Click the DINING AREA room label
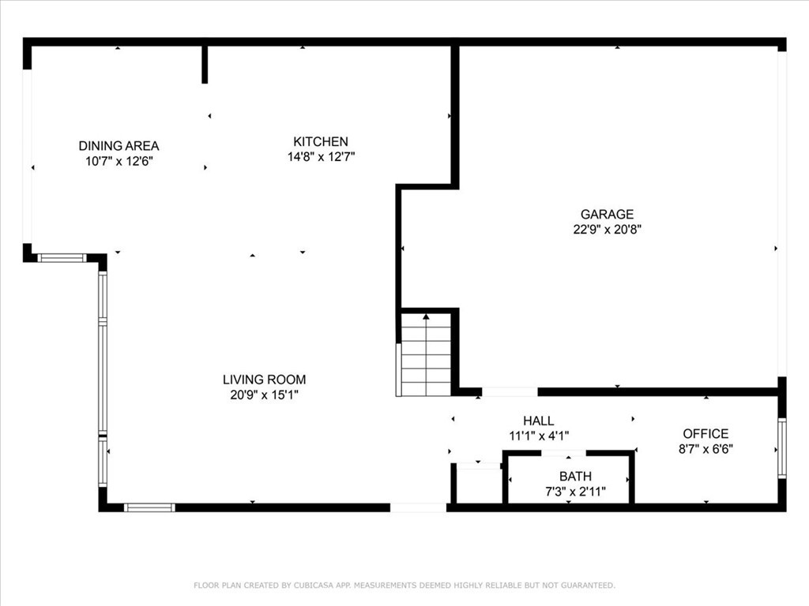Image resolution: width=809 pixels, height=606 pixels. click(119, 146)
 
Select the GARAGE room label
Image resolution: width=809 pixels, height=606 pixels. click(607, 215)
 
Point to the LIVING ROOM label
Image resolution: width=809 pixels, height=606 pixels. click(264, 380)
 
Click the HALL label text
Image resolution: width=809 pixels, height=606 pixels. click(539, 421)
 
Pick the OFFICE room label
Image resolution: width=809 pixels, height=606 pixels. click(706, 434)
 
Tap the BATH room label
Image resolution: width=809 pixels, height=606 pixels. click(575, 477)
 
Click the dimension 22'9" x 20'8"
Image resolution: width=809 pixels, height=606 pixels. click(607, 230)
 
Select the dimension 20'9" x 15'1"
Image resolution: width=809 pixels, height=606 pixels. click(264, 395)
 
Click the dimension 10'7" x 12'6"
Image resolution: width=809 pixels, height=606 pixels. click(119, 161)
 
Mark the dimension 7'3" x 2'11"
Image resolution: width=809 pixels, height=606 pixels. click(575, 491)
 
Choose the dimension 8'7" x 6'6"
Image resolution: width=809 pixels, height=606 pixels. click(706, 449)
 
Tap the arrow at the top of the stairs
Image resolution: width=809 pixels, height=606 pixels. click(427, 316)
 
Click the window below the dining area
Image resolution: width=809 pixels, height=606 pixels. click(62, 258)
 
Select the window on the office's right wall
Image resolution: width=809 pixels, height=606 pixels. click(781, 448)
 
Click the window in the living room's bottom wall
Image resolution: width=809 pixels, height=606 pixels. click(149, 507)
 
